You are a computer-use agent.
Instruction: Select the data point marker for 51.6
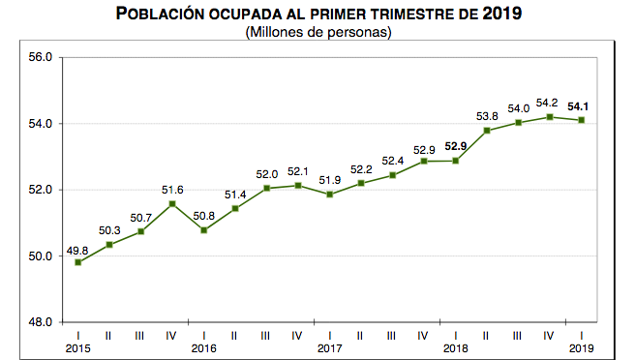[172, 203]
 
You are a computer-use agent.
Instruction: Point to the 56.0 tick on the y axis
[42, 58]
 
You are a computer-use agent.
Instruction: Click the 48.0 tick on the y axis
[42, 322]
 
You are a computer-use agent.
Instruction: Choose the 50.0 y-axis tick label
[42, 256]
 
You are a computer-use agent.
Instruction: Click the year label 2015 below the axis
[77, 347]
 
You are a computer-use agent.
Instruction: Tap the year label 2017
[330, 347]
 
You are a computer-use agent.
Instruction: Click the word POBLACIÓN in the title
[165, 14]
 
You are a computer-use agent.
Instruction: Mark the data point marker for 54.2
[550, 117]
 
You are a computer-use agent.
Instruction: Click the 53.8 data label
[487, 115]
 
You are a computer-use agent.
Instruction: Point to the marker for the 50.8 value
[204, 229]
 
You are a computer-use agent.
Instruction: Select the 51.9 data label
[330, 179]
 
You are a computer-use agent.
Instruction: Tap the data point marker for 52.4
[393, 175]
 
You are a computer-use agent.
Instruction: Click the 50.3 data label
[108, 229]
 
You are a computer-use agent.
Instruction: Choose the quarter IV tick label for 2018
[550, 335]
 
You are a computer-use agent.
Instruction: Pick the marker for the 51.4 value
[235, 208]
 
